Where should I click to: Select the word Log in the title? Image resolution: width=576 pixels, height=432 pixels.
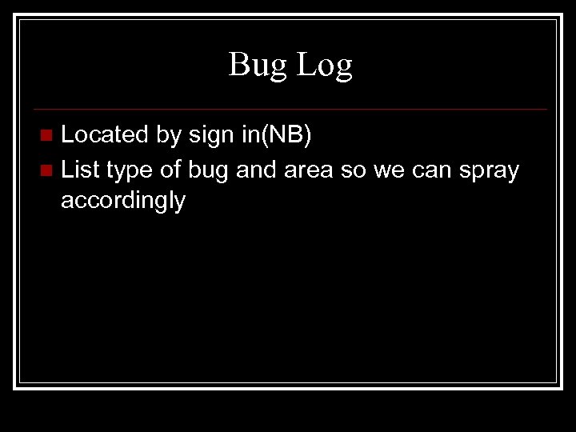[325, 66]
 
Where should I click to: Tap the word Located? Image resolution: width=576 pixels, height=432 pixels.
[105, 135]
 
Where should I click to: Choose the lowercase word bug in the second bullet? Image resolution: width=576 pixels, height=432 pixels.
[210, 170]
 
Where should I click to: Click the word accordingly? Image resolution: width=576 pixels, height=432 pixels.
[123, 202]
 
